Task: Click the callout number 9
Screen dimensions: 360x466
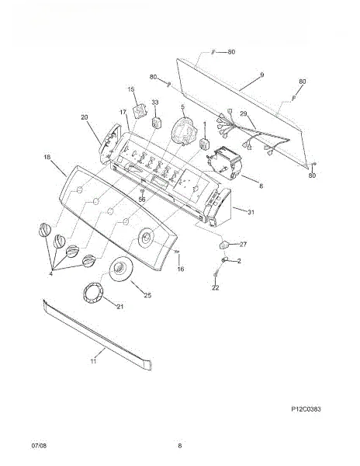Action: (x=261, y=75)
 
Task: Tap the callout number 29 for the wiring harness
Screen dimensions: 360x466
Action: (x=244, y=114)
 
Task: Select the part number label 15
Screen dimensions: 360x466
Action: (x=131, y=89)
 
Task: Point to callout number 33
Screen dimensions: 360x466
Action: (x=155, y=103)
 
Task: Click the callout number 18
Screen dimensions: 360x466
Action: (x=47, y=157)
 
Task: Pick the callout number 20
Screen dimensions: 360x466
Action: (x=85, y=117)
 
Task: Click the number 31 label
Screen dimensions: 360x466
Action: (x=251, y=212)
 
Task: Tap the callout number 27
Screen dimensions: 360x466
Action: (x=244, y=245)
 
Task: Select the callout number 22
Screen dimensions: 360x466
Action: (x=216, y=287)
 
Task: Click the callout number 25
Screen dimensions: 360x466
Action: (x=147, y=295)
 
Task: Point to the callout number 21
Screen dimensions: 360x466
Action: (x=120, y=307)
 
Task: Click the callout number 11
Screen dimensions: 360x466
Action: (x=93, y=361)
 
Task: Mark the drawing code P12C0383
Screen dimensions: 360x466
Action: (x=306, y=409)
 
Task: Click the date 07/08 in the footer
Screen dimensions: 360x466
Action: (x=39, y=446)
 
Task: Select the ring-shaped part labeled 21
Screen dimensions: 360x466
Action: (x=94, y=293)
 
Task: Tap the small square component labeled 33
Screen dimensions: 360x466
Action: (x=157, y=122)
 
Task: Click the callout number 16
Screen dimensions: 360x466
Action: (x=181, y=269)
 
